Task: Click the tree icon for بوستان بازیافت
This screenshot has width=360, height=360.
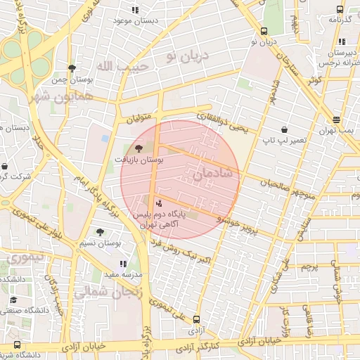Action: (138, 148)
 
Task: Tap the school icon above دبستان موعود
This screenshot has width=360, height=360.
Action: (134, 10)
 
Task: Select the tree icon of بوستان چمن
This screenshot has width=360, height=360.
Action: (72, 67)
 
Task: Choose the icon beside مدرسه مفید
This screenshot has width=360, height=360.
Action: (123, 263)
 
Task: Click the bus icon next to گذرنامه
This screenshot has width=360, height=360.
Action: (340, 10)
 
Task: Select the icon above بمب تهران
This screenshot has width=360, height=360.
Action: (336, 120)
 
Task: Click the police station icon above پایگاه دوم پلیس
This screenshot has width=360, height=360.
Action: (157, 202)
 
